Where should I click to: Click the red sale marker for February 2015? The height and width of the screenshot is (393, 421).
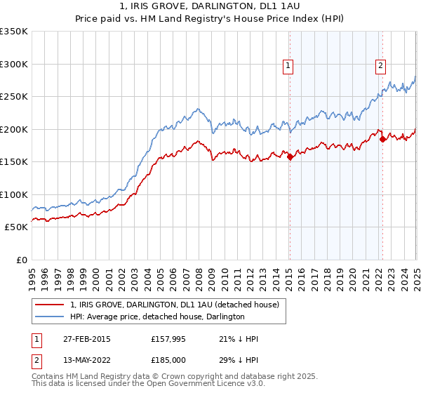click(290, 157)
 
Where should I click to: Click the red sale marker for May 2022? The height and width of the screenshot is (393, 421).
click(382, 139)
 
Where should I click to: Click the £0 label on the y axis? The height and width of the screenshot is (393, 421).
click(21, 260)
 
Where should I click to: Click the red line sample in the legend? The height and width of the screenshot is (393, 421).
click(49, 305)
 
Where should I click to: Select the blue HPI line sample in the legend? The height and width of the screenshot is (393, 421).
click(49, 317)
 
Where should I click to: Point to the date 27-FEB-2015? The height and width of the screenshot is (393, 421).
click(83, 339)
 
